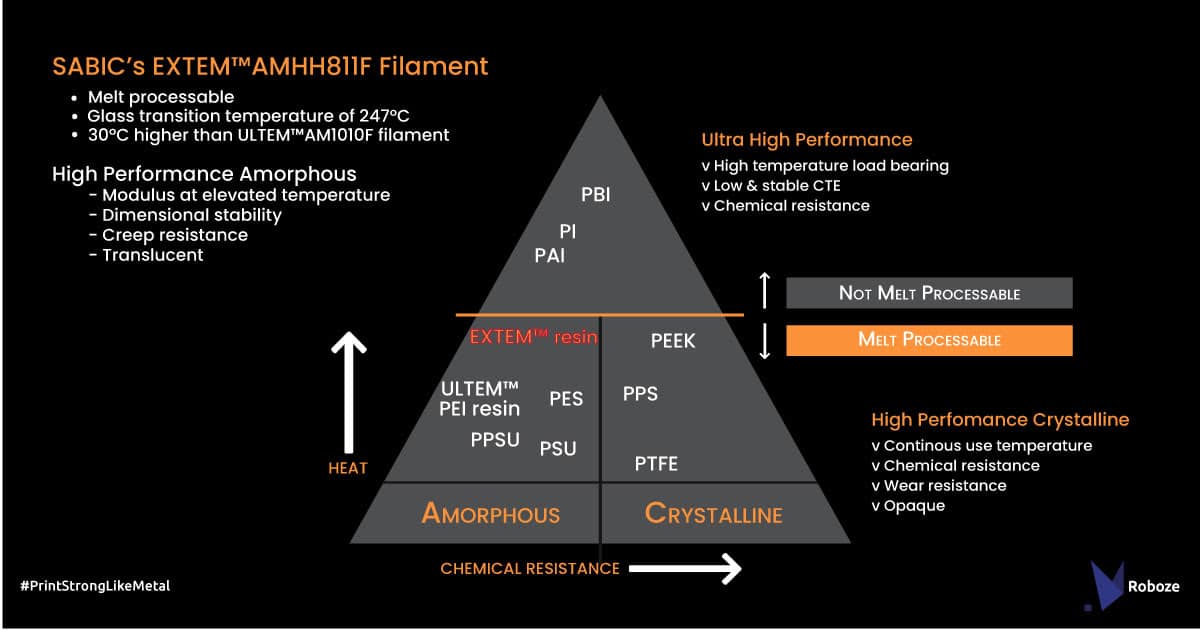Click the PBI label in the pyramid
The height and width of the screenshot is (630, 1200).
(595, 194)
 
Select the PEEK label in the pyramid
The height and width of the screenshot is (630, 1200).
(672, 341)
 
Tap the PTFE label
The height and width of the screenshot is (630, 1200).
(656, 464)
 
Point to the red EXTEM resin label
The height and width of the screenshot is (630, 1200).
(533, 337)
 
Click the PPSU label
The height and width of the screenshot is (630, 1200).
(495, 439)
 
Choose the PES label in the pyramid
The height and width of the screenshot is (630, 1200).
(566, 399)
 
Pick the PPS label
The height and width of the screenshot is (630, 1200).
(640, 393)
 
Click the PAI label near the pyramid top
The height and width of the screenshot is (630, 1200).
(549, 256)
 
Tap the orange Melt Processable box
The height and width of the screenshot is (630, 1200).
(929, 340)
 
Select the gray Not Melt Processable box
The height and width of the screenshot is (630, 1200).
(929, 293)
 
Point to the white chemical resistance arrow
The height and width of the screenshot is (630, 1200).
(685, 569)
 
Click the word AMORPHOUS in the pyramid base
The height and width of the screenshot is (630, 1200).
(491, 514)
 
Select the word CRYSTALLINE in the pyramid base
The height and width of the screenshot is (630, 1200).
(713, 514)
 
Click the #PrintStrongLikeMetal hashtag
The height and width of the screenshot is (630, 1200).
(95, 586)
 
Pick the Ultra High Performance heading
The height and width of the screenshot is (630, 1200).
(806, 140)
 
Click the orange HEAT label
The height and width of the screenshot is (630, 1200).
(348, 468)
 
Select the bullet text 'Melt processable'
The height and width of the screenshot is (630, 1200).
(161, 97)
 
